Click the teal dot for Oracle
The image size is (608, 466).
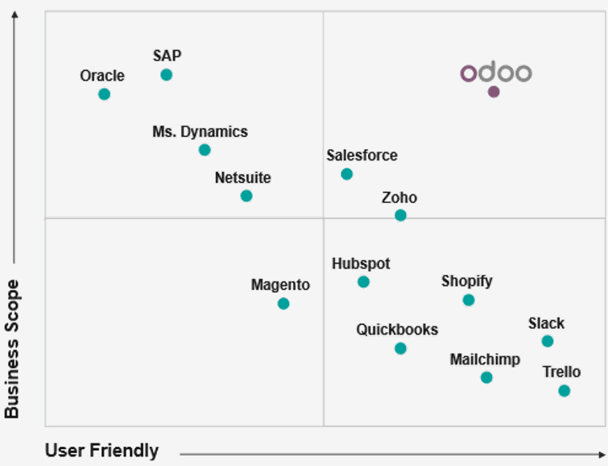coord(104,94)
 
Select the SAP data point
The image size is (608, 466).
coord(166,75)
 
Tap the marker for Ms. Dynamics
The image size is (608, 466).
coord(205,150)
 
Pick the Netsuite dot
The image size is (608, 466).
coord(246,196)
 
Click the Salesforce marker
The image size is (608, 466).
coord(346,174)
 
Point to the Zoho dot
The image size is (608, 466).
coord(400,215)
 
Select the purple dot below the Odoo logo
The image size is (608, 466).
coord(494,92)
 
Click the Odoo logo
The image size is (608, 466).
coord(495,73)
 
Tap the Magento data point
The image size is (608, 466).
coord(283,304)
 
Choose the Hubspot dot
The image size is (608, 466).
coord(363,281)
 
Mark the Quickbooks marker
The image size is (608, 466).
coord(400,348)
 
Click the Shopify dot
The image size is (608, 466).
coord(469,300)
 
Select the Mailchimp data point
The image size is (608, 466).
coord(486,377)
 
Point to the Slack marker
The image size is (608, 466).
coord(548,341)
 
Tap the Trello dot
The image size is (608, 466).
coord(564,391)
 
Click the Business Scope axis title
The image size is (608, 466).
coord(11,348)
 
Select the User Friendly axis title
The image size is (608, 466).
coord(101,451)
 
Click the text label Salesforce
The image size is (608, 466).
coord(362,156)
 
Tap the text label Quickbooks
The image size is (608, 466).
coord(397,330)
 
